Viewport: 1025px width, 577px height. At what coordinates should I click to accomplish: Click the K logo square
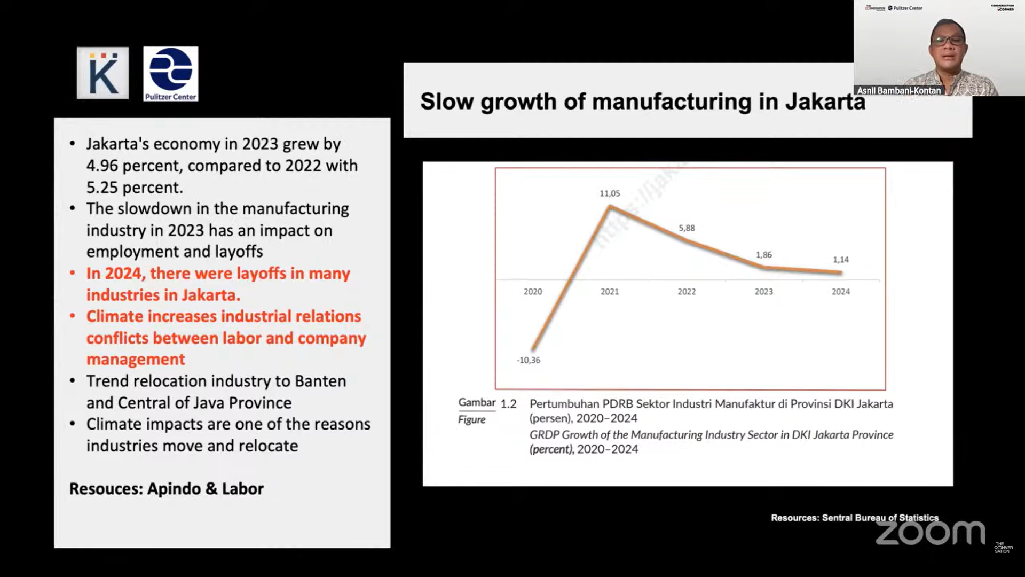coord(102,73)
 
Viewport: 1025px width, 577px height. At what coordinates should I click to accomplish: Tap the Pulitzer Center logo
coord(170,74)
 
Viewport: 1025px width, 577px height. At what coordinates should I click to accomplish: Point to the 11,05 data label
coord(610,193)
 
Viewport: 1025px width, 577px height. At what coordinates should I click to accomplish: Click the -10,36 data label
coord(529,360)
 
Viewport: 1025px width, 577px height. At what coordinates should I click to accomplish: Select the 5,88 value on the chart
coord(687,228)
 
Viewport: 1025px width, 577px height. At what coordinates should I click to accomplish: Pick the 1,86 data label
coord(763,255)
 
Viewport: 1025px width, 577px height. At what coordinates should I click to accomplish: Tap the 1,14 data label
coord(840,260)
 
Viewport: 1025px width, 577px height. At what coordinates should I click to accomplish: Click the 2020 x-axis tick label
coord(533,292)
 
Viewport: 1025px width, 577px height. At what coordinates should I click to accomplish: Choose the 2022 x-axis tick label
coord(687,292)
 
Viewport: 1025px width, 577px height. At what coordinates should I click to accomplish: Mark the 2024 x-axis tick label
coord(840,292)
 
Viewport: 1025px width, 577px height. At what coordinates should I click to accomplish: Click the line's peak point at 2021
coord(610,206)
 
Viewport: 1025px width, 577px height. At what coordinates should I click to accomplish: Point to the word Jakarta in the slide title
coord(825,102)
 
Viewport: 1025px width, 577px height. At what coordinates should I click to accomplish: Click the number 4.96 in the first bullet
coord(102,166)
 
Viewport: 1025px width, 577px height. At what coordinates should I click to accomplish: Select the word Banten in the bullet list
coord(320,381)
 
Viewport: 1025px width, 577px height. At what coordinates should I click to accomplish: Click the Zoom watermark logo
coord(930,533)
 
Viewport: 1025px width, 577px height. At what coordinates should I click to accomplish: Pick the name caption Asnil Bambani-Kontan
coord(899,91)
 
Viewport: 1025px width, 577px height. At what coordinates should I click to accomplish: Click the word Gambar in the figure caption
coord(477,403)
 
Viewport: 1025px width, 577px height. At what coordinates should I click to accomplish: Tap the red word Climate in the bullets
coord(114,317)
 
